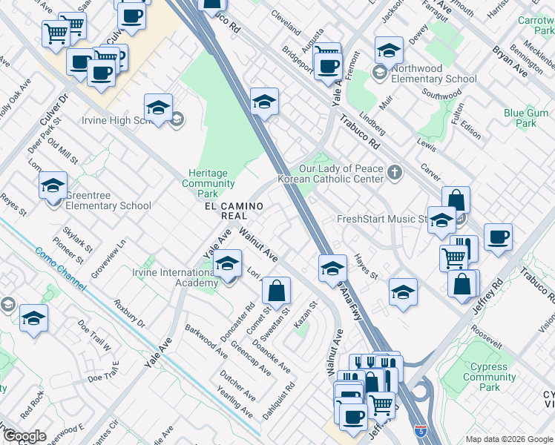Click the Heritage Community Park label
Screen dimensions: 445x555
click(208, 183)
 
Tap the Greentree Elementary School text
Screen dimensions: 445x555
click(108, 201)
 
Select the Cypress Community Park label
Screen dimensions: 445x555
click(490, 377)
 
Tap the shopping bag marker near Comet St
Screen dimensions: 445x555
click(276, 291)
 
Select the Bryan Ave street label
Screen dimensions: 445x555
click(510, 62)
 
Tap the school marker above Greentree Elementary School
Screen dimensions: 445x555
click(53, 186)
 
